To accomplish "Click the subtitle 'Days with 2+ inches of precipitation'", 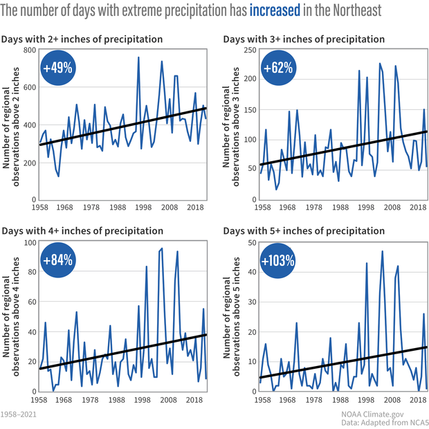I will [82, 39].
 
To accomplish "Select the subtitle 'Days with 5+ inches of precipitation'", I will [304, 230].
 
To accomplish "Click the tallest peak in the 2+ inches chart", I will [138, 57].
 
